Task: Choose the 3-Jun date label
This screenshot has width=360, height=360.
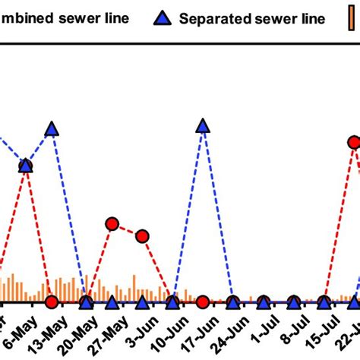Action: point(141,331)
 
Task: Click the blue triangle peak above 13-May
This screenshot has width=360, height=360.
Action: point(52,129)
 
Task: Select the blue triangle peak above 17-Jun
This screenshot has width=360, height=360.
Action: point(203,126)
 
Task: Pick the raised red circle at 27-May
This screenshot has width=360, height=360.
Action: point(112,223)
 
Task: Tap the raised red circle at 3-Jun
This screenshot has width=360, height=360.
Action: point(142,236)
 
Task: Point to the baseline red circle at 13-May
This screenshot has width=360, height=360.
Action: point(52,302)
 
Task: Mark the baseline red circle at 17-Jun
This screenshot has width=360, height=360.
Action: point(203,302)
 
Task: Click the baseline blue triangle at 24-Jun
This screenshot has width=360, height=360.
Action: point(233,302)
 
